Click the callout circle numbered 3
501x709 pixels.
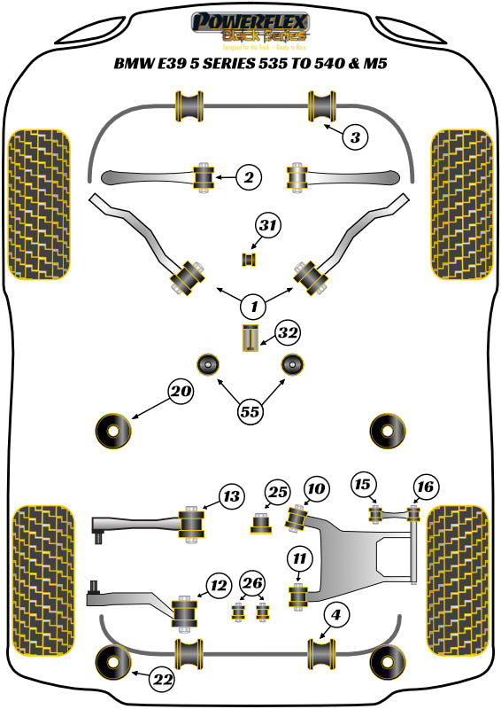pos(354,137)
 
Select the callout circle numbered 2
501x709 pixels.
pos(249,178)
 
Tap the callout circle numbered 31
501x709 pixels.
pos(267,227)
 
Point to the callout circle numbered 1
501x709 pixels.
pos(253,308)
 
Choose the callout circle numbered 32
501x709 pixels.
pos(287,333)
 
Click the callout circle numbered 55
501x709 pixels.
pos(250,410)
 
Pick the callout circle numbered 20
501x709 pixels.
pos(181,392)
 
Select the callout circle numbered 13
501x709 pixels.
pos(231,497)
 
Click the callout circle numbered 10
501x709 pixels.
pos(316,487)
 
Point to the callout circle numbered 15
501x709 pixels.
pos(362,485)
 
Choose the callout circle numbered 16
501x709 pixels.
pos(425,486)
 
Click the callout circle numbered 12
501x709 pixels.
pos(218,583)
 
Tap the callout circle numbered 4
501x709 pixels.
pos(336,613)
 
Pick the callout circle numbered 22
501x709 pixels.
pos(161,680)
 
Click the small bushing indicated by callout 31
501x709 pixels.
pos(249,259)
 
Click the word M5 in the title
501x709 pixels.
pos(374,64)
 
